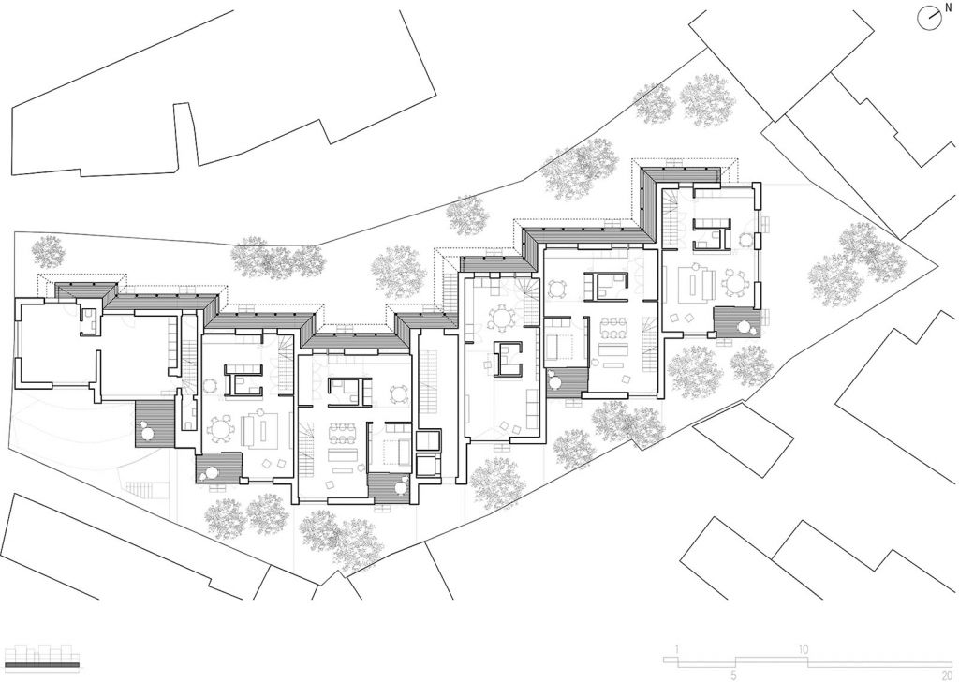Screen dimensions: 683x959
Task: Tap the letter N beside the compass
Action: (948, 7)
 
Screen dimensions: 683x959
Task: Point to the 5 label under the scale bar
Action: (733, 675)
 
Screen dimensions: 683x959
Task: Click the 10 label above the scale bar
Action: (803, 649)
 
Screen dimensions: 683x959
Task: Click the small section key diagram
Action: (43, 655)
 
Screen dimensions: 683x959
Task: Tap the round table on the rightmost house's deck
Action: (745, 328)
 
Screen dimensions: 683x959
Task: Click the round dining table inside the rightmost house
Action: (734, 281)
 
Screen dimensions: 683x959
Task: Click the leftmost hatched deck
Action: (155, 423)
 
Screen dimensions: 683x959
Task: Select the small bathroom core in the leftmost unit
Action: (88, 320)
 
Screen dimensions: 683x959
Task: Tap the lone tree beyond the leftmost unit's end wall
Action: (48, 251)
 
